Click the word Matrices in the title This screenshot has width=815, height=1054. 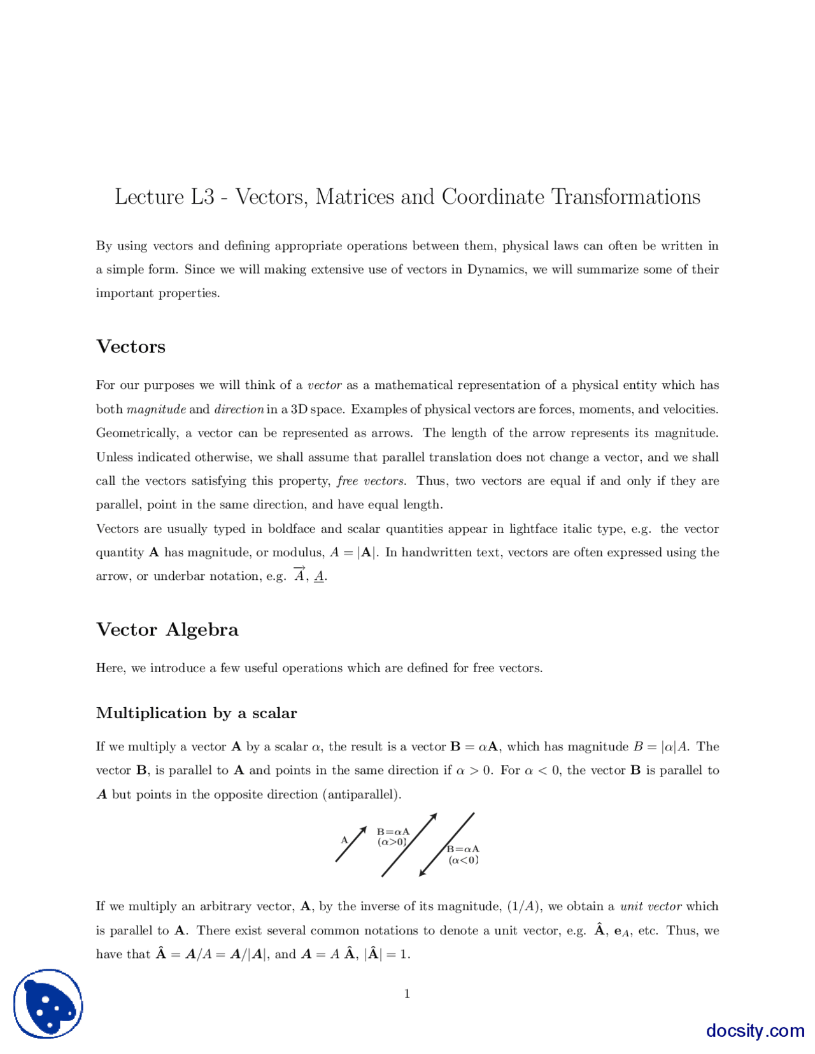pyautogui.click(x=355, y=197)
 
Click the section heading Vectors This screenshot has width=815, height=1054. pyautogui.click(x=131, y=347)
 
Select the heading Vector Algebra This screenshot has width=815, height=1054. pyautogui.click(x=167, y=629)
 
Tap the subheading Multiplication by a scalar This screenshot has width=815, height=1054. pyautogui.click(x=196, y=713)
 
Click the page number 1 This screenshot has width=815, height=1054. pyautogui.click(x=407, y=994)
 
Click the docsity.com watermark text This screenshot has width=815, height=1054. pyautogui.click(x=755, y=1030)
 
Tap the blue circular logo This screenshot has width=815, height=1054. pyautogui.click(x=48, y=1004)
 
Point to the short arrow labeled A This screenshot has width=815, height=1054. pyautogui.click(x=351, y=844)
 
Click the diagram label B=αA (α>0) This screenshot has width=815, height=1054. pyautogui.click(x=393, y=837)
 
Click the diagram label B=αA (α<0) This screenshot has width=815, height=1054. pyautogui.click(x=463, y=855)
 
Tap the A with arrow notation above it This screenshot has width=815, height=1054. pyautogui.click(x=299, y=575)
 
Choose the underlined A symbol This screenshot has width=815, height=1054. pyautogui.click(x=319, y=577)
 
